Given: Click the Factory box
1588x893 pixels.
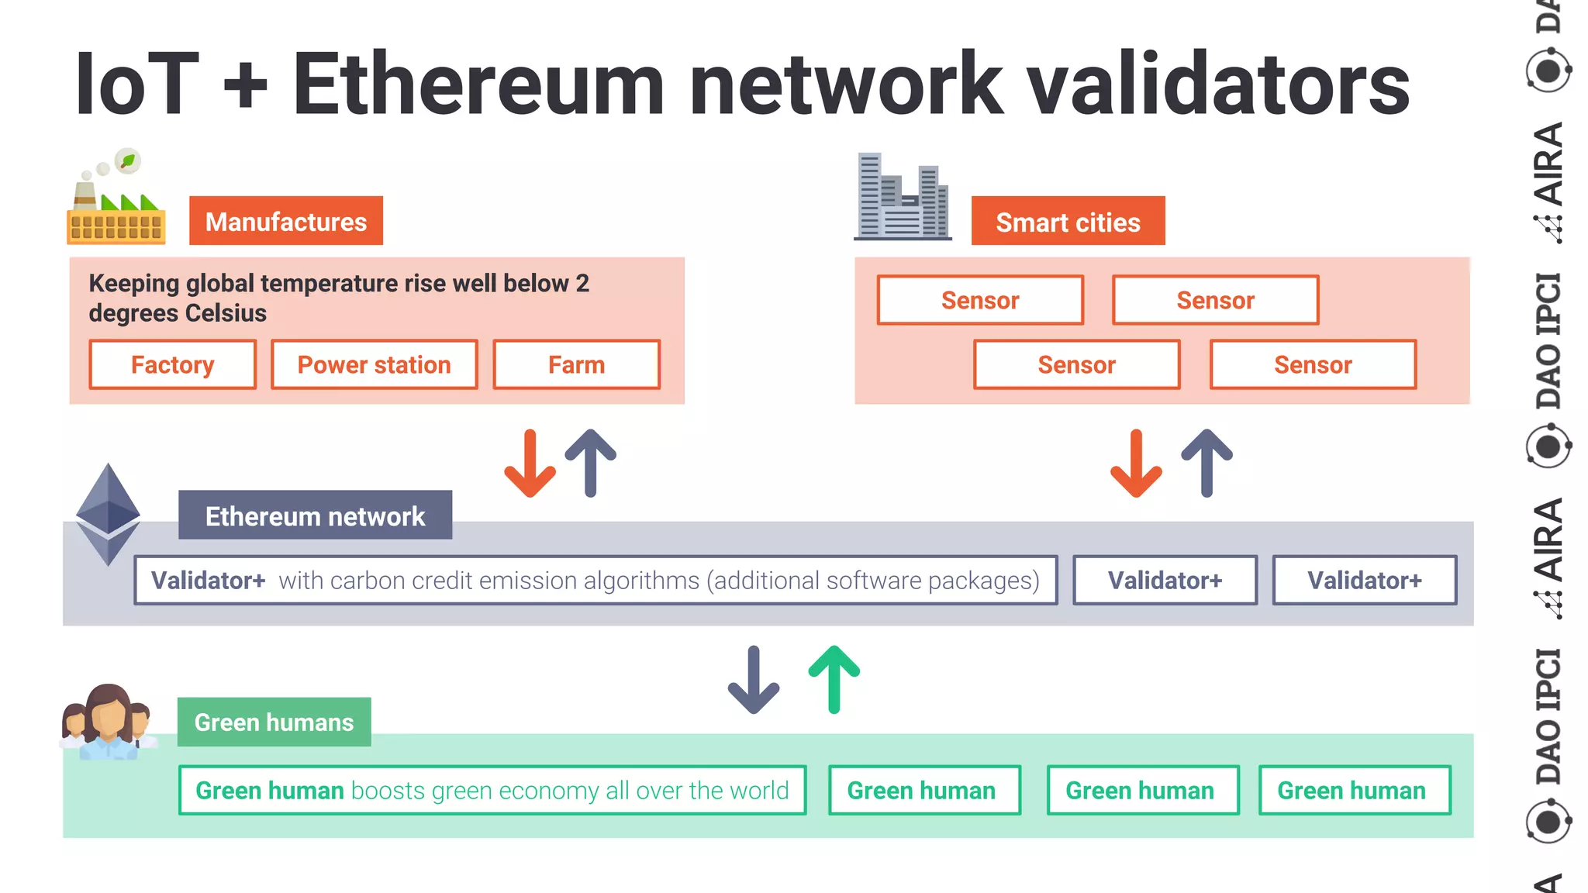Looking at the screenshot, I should coord(172,364).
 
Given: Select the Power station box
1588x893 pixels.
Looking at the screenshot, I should coord(374,364).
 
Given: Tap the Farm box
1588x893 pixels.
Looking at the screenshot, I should coord(576,364).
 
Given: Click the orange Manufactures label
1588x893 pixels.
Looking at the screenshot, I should coord(285,222).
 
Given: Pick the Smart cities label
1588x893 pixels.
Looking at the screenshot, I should coord(1067,222).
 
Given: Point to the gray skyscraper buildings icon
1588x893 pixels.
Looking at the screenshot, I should coord(903,198).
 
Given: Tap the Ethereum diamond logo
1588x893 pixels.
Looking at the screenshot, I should coord(108,515).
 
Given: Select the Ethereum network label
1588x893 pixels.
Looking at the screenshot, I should coord(315,515).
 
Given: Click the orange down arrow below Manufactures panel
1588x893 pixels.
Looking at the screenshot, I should coord(530,464).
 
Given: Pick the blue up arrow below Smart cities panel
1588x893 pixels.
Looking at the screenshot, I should coord(1207,463).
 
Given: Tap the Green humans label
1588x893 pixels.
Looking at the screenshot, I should coord(274,722).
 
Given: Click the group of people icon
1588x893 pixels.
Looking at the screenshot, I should coord(107,722).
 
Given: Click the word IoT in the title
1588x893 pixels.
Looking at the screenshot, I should coord(136,84).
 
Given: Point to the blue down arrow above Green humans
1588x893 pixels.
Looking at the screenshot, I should coord(753,680).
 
